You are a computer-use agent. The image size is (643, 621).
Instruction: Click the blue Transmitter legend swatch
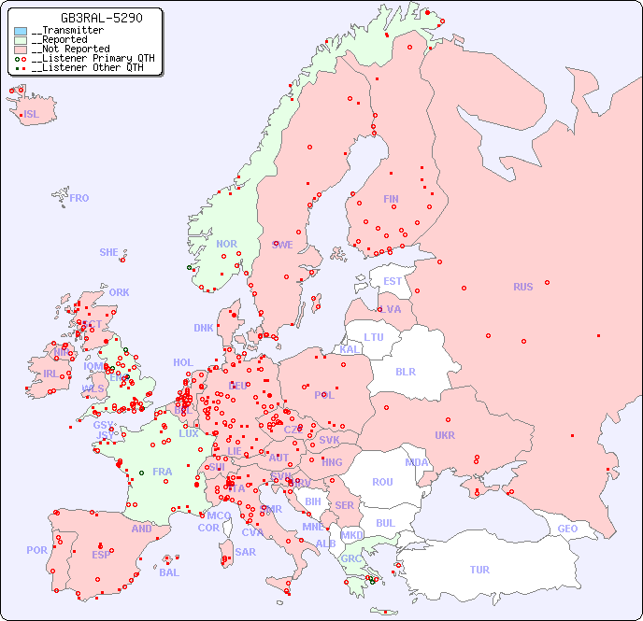[x=21, y=31]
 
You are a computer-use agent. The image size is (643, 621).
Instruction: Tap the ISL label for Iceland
[x=32, y=115]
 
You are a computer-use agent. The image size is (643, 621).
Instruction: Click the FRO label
[x=79, y=198]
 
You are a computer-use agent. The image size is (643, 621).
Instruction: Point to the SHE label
[x=108, y=252]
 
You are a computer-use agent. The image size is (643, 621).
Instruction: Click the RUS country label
[x=522, y=287]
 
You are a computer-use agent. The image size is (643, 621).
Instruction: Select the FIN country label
[x=391, y=199]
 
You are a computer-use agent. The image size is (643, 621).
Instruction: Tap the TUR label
[x=479, y=570]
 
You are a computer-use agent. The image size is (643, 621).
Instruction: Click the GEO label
[x=567, y=529]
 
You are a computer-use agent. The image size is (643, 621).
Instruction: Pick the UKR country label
[x=445, y=435]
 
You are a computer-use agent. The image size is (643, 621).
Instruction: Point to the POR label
[x=36, y=550]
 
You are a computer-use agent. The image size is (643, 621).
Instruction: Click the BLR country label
[x=405, y=371]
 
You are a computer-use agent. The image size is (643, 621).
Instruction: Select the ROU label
[x=382, y=482]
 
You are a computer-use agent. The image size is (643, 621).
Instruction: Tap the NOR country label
[x=226, y=244]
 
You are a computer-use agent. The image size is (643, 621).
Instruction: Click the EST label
[x=393, y=281]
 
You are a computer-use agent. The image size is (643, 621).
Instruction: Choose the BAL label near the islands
[x=168, y=572]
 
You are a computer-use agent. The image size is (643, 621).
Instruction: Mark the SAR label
[x=245, y=551]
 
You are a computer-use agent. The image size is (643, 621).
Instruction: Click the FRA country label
[x=163, y=472]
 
